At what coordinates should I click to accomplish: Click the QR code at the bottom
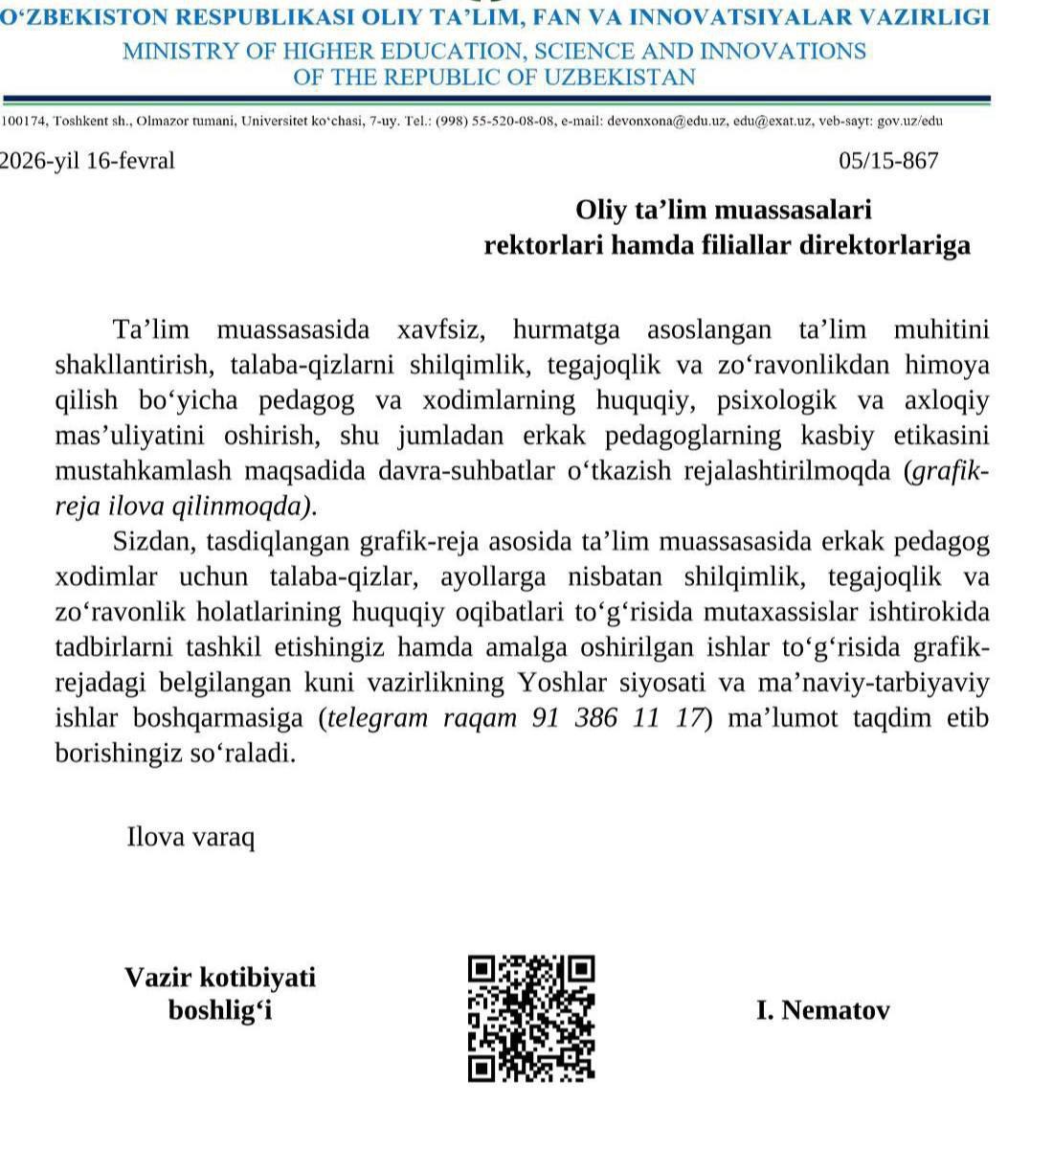[x=531, y=1019]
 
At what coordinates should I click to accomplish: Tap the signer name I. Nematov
[x=822, y=1010]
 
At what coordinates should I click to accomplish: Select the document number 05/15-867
[x=887, y=161]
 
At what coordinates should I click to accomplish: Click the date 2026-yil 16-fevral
[x=87, y=161]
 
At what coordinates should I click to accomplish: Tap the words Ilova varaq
[x=190, y=838]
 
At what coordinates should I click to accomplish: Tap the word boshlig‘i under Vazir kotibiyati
[x=220, y=1010]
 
